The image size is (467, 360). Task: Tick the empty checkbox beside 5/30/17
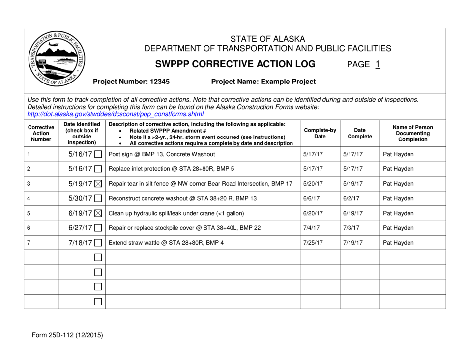(x=98, y=199)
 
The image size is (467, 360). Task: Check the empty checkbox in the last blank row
(x=98, y=301)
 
